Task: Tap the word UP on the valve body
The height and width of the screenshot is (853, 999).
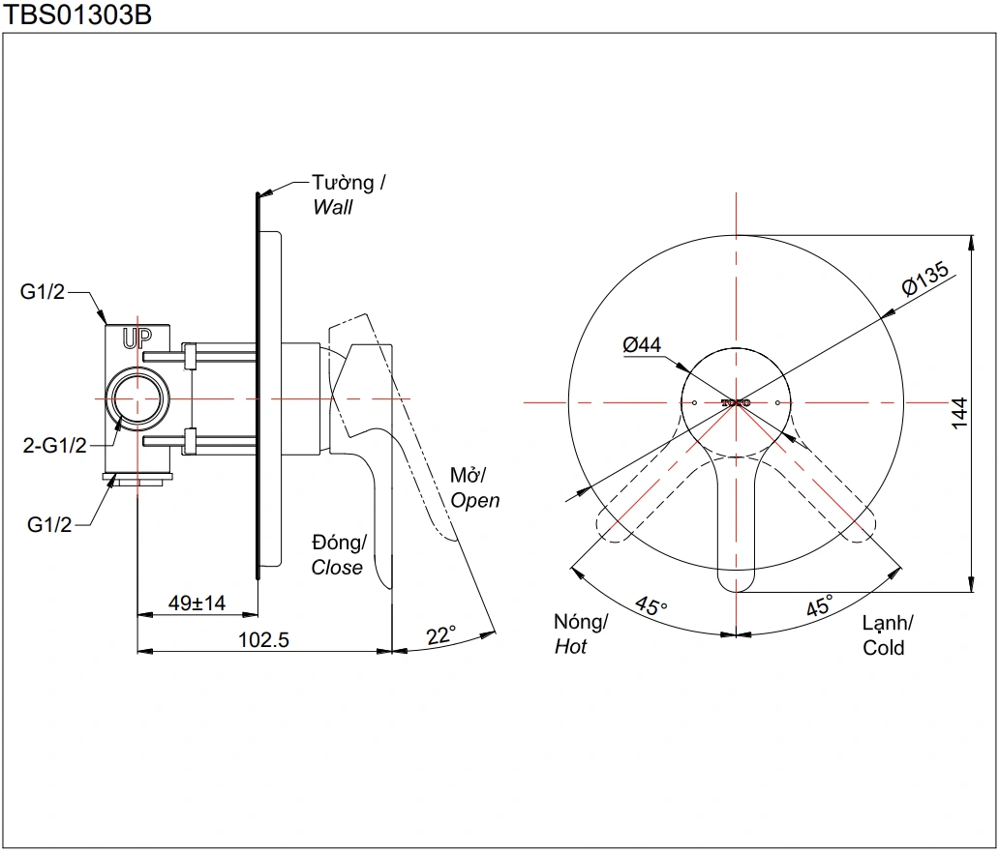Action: (x=136, y=338)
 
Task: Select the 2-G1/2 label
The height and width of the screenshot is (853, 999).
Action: (x=54, y=445)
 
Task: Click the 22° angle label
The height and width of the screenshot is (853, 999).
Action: (x=440, y=635)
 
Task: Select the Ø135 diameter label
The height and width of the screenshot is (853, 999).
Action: (x=924, y=279)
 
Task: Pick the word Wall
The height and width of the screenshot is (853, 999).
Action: (x=333, y=207)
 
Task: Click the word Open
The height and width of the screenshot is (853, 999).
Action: (x=475, y=500)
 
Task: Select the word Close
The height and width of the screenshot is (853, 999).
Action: (x=337, y=568)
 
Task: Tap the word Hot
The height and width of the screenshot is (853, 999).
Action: (x=570, y=647)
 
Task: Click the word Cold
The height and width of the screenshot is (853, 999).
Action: (x=883, y=648)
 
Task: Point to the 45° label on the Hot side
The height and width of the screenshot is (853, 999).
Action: (x=651, y=607)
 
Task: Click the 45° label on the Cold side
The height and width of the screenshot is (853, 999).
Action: (x=819, y=607)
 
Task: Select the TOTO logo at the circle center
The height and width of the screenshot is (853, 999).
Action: (x=736, y=401)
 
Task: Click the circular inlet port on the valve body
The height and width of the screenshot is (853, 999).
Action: (x=136, y=398)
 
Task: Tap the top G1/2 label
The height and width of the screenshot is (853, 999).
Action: (x=43, y=292)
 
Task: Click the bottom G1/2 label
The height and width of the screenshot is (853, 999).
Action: (x=49, y=525)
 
